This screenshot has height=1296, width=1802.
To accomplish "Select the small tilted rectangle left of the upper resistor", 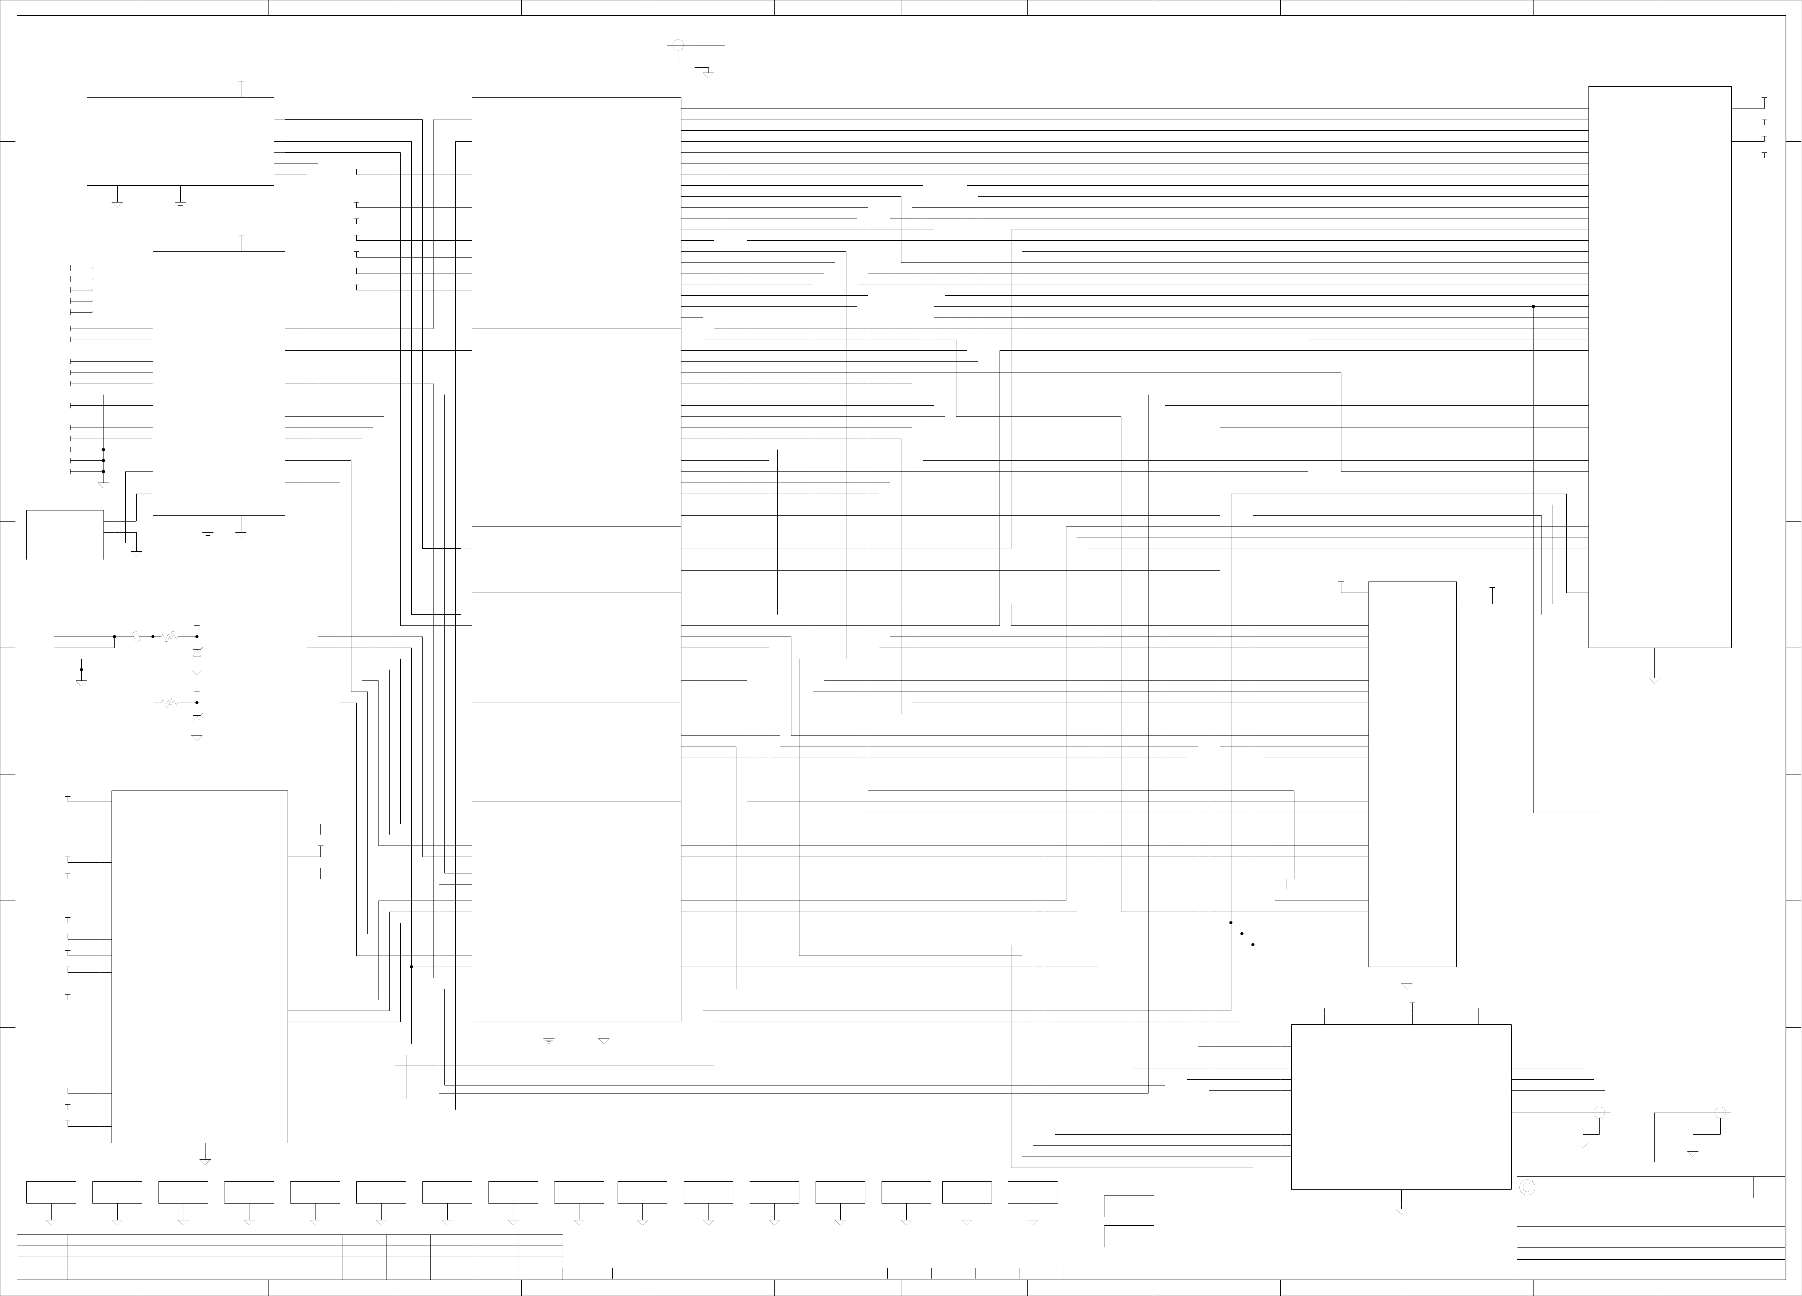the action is click(x=136, y=637).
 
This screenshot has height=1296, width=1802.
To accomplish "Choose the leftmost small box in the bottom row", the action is click(x=51, y=1192).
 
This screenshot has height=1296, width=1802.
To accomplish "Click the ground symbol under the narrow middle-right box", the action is click(x=1406, y=985).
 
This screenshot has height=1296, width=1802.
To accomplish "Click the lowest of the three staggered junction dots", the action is click(x=1253, y=945).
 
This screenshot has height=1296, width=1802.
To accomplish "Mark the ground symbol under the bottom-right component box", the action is click(x=1402, y=1210).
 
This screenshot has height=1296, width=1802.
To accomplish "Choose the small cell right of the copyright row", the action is click(x=1770, y=1187).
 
